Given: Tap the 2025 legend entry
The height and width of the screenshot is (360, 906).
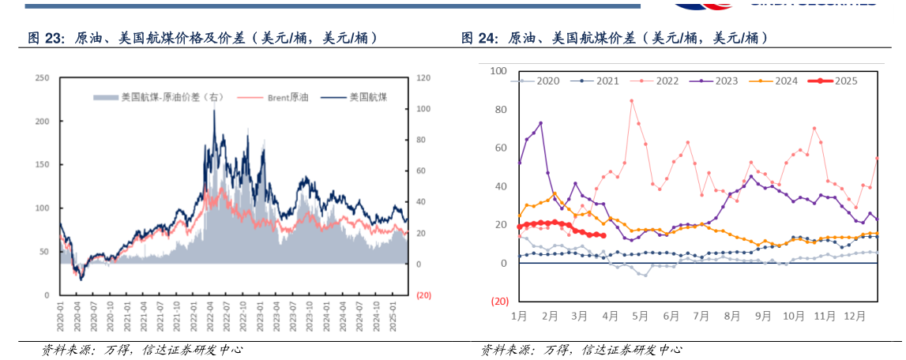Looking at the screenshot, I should tap(846, 81).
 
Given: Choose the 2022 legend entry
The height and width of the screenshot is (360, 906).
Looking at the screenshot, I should tap(667, 81).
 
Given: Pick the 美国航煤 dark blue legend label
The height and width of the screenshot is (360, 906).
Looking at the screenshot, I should tap(368, 97).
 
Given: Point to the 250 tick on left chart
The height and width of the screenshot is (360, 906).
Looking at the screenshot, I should tap(43, 77).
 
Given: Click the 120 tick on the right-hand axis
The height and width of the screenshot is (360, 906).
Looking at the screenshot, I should tap(423, 77).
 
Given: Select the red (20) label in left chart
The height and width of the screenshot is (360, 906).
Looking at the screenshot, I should tap(423, 295).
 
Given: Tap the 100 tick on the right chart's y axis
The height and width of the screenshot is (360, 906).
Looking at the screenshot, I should tap(498, 71).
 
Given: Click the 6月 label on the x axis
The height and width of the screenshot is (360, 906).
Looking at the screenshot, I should tap(671, 317).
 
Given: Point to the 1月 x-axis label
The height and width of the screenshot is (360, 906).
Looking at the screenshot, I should tap(519, 317).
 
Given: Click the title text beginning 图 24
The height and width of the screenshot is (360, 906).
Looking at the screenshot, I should tap(615, 38).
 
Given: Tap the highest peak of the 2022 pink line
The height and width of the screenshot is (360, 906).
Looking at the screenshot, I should tap(631, 100).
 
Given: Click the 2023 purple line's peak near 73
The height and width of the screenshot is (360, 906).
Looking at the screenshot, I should tap(541, 123).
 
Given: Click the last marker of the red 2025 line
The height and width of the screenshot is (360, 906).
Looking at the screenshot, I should tap(603, 235).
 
